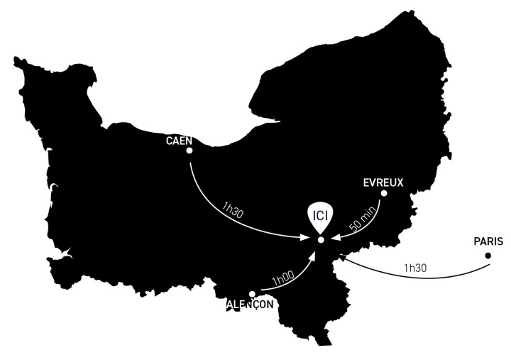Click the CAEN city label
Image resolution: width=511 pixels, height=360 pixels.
(179, 140)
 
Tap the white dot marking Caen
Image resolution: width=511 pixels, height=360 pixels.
(189, 151)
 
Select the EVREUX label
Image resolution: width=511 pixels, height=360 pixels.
(383, 182)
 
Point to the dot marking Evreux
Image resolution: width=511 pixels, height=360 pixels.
(384, 193)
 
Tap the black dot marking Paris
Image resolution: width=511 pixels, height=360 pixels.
(488, 255)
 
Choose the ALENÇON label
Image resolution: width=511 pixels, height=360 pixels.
(249, 304)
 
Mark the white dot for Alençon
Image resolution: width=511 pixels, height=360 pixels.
(252, 294)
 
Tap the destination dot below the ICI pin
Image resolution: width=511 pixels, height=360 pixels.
(321, 241)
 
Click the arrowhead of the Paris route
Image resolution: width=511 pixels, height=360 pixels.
(343, 258)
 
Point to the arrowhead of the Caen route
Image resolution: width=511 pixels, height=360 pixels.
(310, 238)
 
